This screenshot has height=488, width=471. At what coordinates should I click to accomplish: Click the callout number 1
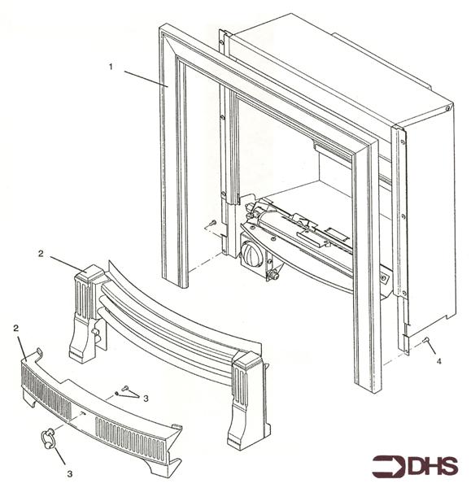111,67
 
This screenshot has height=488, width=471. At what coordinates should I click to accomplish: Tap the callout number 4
438,361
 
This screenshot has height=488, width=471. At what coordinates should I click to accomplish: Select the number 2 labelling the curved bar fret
41,254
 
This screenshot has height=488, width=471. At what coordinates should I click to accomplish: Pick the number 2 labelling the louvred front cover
16,328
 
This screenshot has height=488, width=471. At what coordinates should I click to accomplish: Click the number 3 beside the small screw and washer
146,398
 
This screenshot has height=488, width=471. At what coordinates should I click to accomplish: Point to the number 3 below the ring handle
70,474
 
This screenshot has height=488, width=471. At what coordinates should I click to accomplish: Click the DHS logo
415,466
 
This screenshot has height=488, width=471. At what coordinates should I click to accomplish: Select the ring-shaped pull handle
47,438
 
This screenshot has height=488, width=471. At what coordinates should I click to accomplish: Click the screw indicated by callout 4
425,340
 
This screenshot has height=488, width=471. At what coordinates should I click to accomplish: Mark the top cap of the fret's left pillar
91,273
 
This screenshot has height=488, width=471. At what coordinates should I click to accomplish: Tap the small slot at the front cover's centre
83,413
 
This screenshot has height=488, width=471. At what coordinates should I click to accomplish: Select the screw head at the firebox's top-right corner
447,109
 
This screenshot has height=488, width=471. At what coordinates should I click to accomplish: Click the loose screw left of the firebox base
213,223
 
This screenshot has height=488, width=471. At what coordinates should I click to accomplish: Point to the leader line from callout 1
146,79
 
